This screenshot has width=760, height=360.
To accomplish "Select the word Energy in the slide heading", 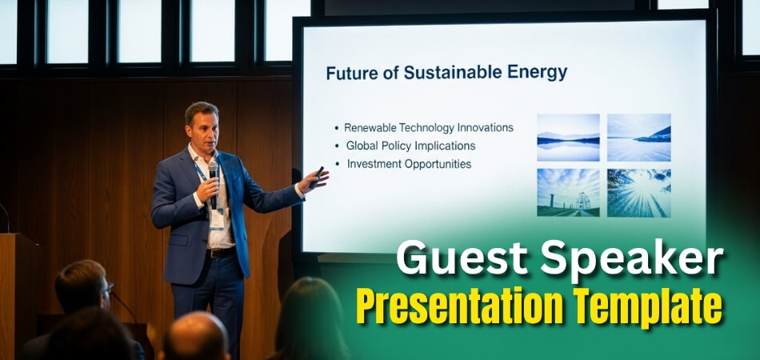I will coord(538,73).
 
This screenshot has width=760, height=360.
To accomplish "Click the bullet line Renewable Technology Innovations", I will coord(428,128).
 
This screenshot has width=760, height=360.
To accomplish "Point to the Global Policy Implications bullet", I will coord(410,146).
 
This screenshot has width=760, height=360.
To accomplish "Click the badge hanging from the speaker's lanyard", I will coord(217,218).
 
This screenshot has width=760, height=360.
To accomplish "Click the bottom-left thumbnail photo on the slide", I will coord(568,192).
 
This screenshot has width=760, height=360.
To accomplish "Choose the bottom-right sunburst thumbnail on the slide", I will coord(638,192).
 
